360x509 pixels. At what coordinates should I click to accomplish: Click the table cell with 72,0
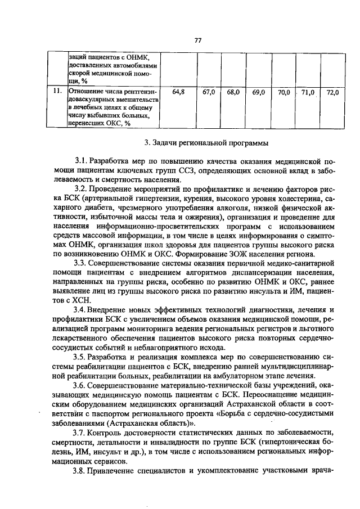coord(332,92)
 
